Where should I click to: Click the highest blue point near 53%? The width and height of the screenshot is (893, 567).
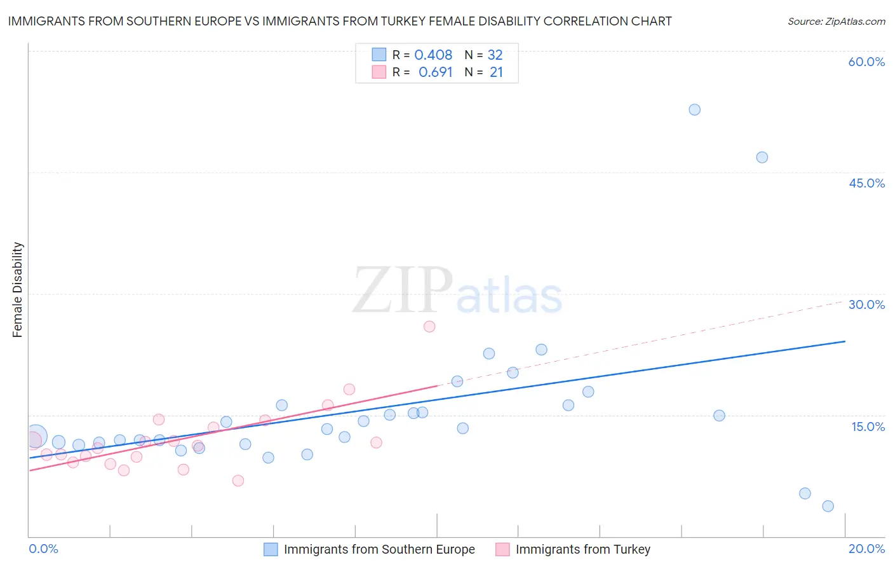point(694,109)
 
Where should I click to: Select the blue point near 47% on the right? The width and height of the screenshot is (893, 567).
point(762,157)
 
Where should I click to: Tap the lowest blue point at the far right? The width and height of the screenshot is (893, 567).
point(828,506)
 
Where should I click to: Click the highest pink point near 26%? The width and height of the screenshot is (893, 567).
point(429,326)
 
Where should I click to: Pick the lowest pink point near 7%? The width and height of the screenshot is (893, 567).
point(238,481)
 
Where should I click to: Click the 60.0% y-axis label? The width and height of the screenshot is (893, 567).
point(866,62)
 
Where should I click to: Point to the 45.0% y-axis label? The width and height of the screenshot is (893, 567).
point(866,183)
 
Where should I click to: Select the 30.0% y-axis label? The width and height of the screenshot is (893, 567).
point(866,304)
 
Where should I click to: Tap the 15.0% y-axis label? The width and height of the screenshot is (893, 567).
point(868,427)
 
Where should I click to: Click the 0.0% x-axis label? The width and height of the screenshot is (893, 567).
point(44,549)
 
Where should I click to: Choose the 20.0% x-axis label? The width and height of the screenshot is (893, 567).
point(866,549)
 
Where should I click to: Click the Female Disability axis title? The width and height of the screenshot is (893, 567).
point(18,290)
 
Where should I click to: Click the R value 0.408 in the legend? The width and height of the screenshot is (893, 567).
point(433,55)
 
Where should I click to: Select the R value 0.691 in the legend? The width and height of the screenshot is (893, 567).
point(435,72)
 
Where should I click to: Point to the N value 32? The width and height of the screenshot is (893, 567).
point(495,55)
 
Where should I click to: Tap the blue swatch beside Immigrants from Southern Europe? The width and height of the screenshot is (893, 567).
point(271,549)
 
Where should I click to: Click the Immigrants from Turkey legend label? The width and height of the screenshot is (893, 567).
point(582,549)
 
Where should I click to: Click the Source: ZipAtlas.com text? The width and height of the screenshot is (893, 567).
point(836,22)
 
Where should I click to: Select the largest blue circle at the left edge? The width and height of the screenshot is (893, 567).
point(36,437)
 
